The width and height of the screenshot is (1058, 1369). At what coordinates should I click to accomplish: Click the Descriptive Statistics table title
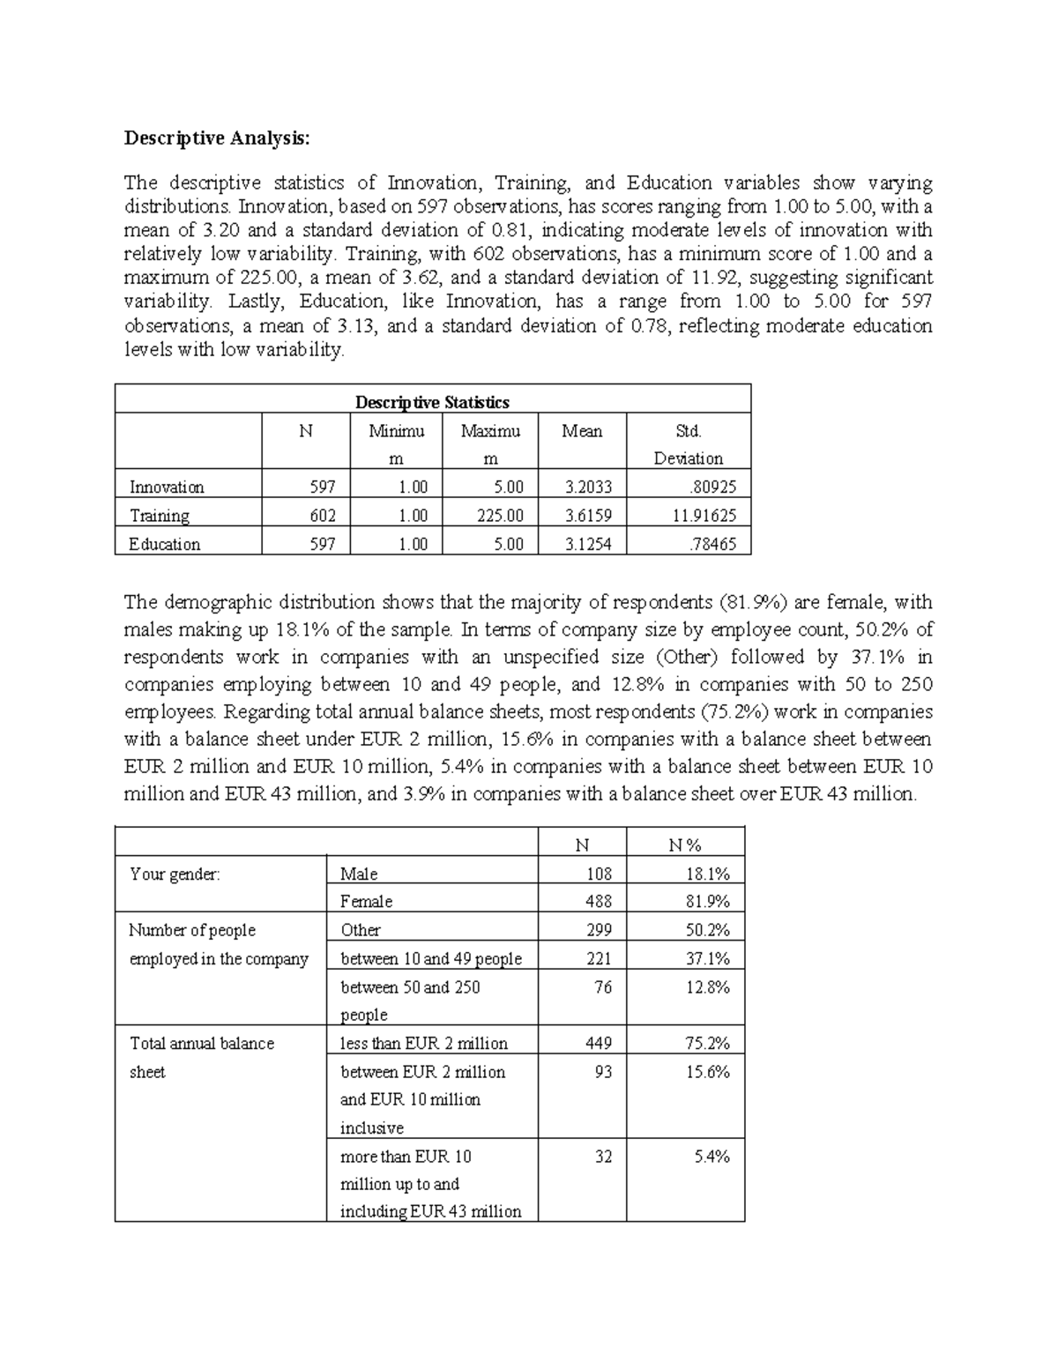coord(432,402)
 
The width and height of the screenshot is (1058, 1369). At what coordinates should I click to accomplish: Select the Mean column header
coord(582,431)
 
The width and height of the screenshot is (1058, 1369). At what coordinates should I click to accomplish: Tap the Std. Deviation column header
coord(688,444)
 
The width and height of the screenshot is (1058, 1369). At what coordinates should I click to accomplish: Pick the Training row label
coord(160,516)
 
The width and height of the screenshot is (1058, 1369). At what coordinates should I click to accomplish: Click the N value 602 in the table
coord(322,516)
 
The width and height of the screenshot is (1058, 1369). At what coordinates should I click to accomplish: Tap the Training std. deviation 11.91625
coord(704,516)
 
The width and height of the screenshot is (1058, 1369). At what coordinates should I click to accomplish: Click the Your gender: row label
coord(175,874)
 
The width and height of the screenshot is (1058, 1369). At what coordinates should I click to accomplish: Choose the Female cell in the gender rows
coord(366,902)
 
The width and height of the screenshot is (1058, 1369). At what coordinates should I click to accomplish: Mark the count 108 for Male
coord(598,874)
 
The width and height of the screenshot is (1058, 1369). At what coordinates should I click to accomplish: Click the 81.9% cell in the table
coord(707,902)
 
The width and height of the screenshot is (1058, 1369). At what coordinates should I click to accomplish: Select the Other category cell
coord(361,930)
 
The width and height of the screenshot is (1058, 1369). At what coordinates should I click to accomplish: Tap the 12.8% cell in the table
coord(707,987)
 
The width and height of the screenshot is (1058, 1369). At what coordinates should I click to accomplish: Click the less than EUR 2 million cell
coord(424,1044)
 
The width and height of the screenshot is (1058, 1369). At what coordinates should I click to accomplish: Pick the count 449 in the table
coord(598,1044)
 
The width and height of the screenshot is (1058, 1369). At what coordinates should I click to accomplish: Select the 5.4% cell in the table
coord(712,1157)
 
